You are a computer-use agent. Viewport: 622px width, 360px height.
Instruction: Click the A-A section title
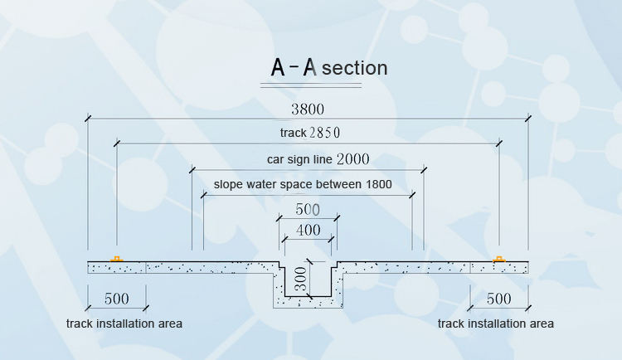[329, 67]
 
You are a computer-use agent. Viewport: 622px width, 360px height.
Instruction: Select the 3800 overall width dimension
[308, 109]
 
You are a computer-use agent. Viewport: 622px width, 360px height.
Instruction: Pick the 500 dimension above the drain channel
[307, 209]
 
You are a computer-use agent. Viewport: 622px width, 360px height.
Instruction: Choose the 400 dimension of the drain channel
[308, 229]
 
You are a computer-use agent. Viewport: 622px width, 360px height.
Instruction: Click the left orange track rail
[117, 259]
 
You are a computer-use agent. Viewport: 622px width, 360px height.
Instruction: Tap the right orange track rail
[499, 259]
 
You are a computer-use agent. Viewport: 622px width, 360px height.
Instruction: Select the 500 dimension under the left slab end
[116, 299]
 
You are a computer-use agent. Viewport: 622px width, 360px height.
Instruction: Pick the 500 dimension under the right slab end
[499, 299]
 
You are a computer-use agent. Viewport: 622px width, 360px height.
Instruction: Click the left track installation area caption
[124, 323]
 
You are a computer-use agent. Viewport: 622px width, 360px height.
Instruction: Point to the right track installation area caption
[496, 323]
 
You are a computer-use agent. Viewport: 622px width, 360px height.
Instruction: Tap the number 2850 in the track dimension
[324, 132]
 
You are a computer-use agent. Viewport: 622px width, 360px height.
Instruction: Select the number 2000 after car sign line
[352, 158]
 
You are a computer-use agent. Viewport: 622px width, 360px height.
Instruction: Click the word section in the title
[354, 68]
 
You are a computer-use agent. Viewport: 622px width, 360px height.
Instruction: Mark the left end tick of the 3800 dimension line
[88, 120]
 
